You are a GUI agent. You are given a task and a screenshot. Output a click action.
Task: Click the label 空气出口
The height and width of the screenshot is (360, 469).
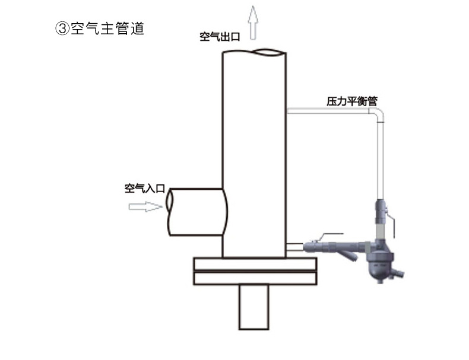(220, 37)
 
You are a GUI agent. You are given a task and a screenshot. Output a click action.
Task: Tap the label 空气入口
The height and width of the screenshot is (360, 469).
(145, 188)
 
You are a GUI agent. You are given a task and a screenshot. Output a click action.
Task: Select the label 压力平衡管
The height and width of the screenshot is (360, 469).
(351, 101)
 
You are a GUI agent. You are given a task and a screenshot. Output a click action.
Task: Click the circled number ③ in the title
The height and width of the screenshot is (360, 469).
(62, 28)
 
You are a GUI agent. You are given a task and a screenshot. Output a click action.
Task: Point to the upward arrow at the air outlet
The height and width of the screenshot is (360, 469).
(253, 23)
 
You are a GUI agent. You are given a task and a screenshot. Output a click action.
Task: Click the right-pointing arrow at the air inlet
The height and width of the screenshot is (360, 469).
(145, 206)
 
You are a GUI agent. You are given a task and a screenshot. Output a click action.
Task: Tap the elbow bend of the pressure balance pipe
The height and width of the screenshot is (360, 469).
(376, 115)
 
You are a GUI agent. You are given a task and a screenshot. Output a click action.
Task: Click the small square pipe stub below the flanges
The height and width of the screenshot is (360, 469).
(253, 307)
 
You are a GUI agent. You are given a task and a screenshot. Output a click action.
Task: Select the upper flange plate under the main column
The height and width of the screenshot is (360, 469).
(255, 264)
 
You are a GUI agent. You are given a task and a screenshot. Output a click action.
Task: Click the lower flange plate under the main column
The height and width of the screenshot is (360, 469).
(255, 278)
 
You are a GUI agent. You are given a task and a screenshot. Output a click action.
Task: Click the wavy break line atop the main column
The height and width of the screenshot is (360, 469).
(254, 53)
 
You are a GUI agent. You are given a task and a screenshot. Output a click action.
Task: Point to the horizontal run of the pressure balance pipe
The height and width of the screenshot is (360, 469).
(328, 111)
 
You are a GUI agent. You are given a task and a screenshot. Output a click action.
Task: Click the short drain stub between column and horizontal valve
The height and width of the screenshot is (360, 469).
(295, 247)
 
